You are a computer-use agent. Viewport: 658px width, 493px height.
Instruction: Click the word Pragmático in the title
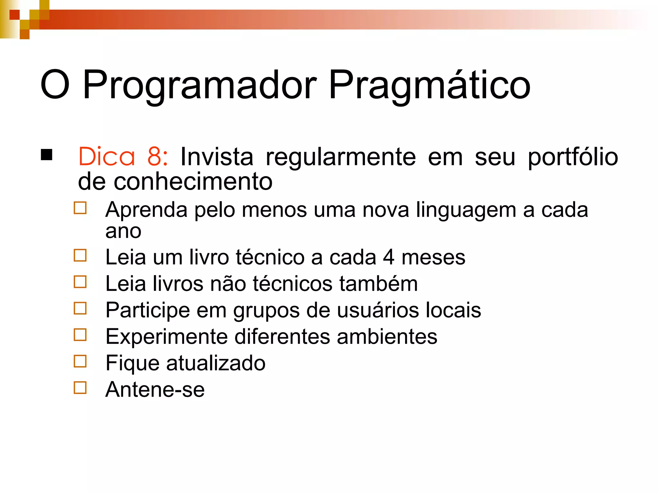pos(429,85)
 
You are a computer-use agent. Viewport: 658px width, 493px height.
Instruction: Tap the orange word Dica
pos(107,157)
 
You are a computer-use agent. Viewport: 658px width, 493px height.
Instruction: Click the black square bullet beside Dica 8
pos(47,155)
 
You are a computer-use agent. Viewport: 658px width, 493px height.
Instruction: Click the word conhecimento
pos(193,182)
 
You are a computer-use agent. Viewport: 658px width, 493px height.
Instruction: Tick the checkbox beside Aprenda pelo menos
pos(80,208)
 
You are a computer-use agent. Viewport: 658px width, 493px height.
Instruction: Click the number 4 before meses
pos(388,257)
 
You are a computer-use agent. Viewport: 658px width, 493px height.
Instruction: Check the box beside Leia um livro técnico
pos(80,255)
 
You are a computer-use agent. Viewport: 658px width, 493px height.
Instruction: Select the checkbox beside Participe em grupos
pos(80,308)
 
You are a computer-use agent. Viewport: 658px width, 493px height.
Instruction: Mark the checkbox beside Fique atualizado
pos(80,361)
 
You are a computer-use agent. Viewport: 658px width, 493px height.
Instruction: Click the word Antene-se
pos(155,390)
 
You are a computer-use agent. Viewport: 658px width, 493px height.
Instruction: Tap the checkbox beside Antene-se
pos(80,387)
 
